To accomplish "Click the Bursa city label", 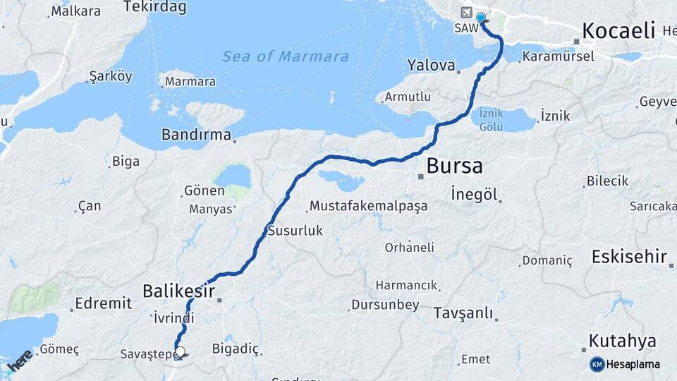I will click(x=455, y=167).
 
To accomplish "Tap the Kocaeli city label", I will click(x=619, y=31).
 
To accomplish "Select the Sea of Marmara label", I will click(x=286, y=56).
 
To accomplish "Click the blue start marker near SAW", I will click(x=481, y=18).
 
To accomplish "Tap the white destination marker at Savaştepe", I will click(x=180, y=351).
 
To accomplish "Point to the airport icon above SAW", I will click(x=466, y=13).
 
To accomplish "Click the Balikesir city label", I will click(x=178, y=290).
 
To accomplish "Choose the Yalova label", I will click(x=431, y=65).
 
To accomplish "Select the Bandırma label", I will click(x=196, y=134).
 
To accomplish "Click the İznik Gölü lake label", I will click(x=491, y=119).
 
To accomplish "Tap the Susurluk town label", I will click(x=295, y=231).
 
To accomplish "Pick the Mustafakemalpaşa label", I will click(x=368, y=207).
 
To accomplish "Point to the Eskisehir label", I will click(x=628, y=256).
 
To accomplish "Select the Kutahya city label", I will click(x=622, y=341).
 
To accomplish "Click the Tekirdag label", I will click(x=154, y=8).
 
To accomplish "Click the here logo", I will click(x=19, y=361).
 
